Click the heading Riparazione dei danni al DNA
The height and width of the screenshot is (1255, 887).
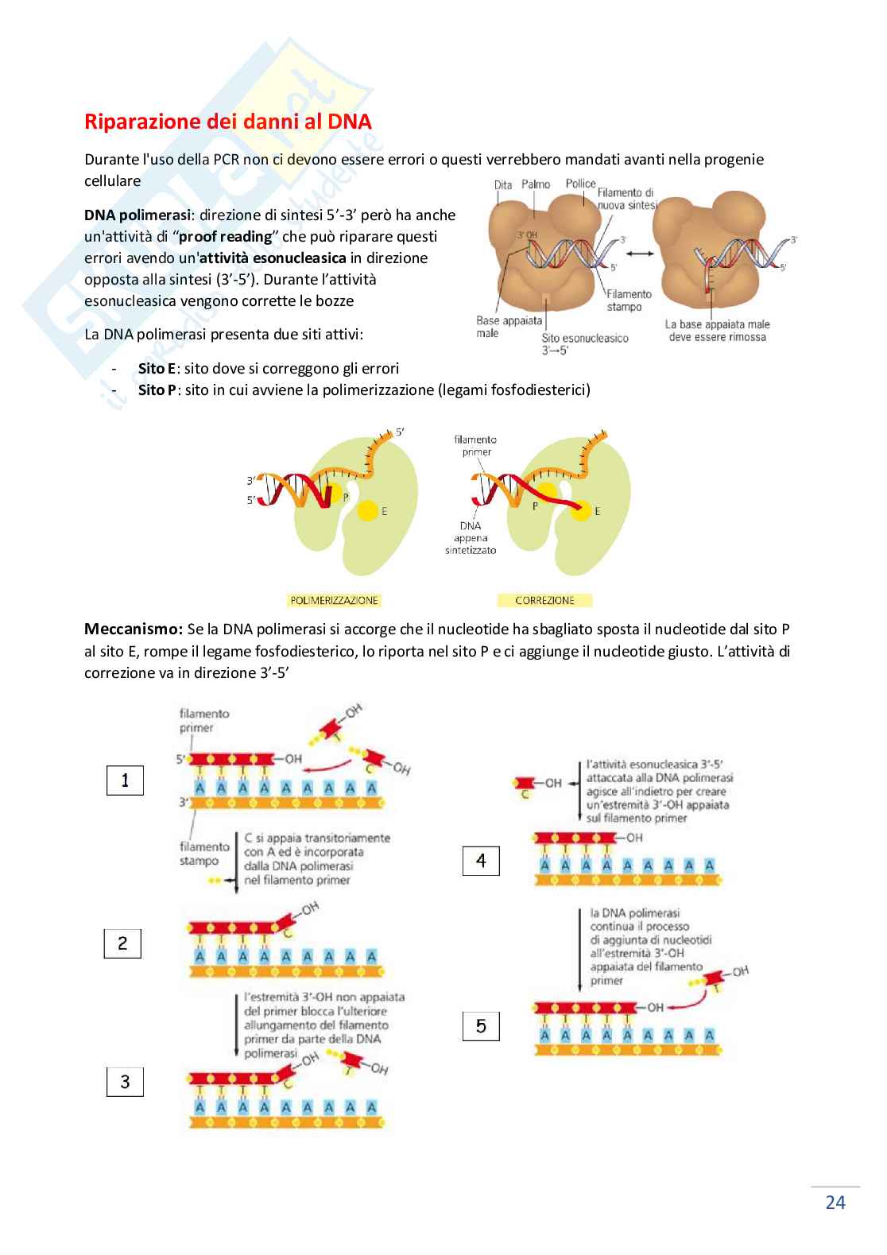point(227,122)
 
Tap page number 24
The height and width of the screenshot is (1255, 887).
point(835,1203)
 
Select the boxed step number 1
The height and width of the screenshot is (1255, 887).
point(125,781)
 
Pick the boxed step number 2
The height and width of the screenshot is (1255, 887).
point(122,943)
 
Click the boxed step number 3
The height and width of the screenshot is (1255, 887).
point(125,1083)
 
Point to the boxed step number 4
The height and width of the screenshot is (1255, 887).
point(481,861)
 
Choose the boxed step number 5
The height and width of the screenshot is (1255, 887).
point(481,1026)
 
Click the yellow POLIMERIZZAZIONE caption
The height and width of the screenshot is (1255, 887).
point(334,600)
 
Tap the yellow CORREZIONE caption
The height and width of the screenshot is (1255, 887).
point(544,600)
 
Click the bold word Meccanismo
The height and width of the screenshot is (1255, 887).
point(134,629)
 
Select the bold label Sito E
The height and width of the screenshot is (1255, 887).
point(157,369)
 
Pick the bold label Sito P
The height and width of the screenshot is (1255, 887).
point(157,390)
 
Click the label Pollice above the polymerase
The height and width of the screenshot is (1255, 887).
point(580,184)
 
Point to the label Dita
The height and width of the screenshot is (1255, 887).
point(503,185)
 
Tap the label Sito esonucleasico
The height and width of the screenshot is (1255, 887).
point(584,339)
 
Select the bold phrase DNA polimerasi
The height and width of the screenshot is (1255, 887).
point(137,215)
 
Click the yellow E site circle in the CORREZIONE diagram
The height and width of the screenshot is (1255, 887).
point(580,511)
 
